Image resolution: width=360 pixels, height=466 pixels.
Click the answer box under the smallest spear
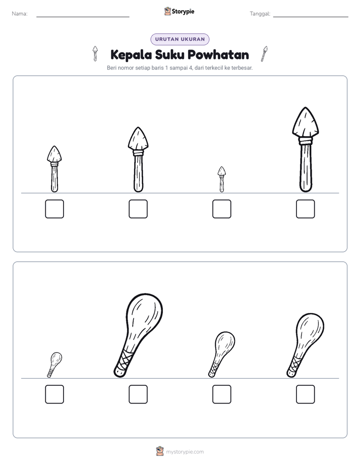tap(221, 209)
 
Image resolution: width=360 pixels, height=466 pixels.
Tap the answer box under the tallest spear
tap(306, 209)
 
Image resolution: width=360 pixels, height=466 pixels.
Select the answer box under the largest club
tap(138, 394)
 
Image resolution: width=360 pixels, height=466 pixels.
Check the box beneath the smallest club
tap(54, 394)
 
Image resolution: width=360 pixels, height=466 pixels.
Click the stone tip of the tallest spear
tap(306, 123)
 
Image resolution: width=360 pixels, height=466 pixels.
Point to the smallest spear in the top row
tap(221, 179)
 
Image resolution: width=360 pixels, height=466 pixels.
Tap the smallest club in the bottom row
tap(54, 365)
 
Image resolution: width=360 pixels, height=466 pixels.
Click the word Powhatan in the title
tap(218, 54)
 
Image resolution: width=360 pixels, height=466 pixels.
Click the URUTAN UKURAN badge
tap(180, 39)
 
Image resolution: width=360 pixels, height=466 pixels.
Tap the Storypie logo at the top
tap(179, 11)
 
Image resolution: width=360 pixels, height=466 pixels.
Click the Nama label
tap(20, 14)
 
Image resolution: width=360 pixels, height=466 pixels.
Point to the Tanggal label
tap(260, 14)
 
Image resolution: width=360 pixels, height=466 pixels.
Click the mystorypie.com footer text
tap(185, 452)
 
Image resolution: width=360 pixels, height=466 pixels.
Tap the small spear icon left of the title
tap(95, 53)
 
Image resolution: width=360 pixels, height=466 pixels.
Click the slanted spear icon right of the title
tap(264, 54)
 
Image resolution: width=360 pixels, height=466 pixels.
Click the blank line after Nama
tap(83, 17)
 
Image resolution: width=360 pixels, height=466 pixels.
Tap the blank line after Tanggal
tap(311, 17)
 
